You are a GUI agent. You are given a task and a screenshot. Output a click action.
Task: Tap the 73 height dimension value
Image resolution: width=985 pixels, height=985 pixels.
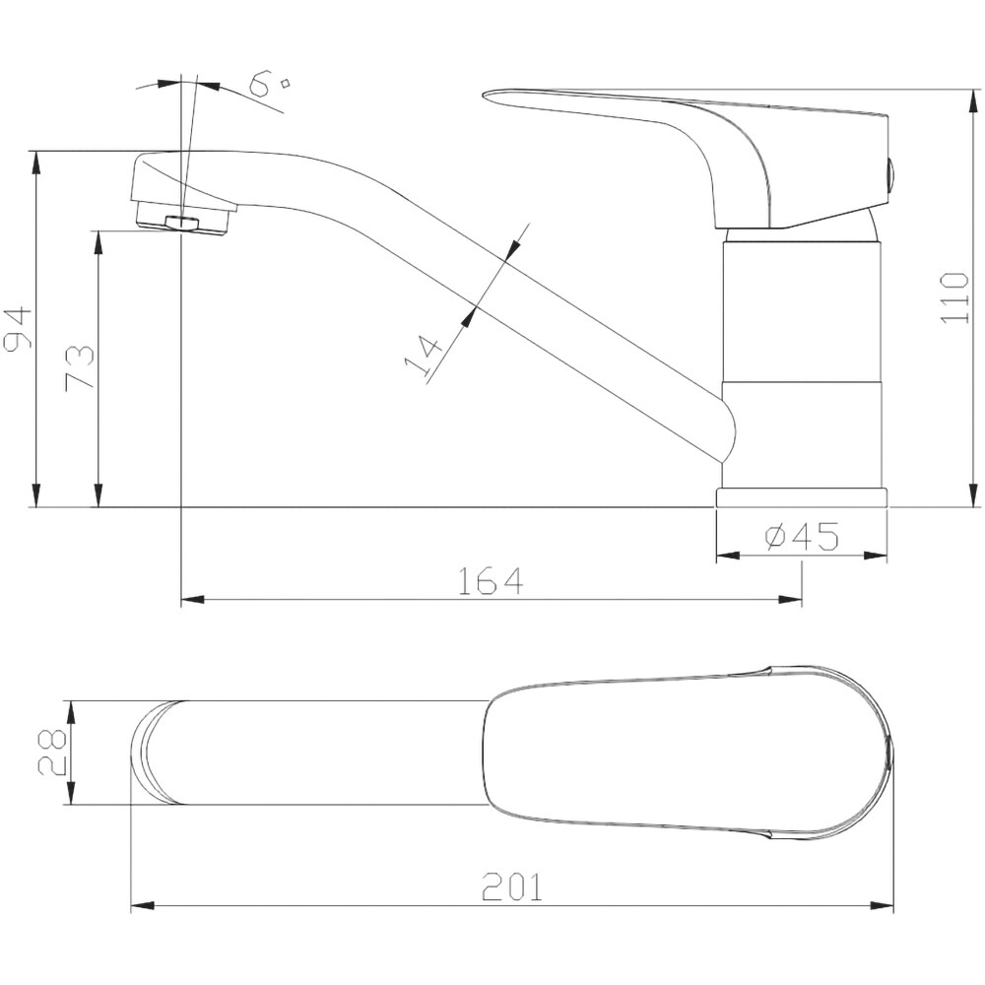(80, 367)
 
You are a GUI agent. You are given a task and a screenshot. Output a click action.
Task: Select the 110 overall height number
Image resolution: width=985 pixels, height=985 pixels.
(954, 297)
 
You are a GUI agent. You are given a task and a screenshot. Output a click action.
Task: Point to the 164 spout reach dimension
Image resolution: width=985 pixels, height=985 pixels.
(490, 581)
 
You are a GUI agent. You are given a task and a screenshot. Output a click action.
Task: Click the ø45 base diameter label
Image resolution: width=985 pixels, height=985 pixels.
(802, 536)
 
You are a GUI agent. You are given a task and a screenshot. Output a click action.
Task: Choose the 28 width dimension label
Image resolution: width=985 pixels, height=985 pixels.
(52, 753)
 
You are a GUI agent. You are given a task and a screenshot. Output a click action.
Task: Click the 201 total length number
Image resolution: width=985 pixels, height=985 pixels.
(511, 887)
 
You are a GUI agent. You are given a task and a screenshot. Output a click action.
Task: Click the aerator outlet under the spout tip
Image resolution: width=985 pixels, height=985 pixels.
(182, 222)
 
